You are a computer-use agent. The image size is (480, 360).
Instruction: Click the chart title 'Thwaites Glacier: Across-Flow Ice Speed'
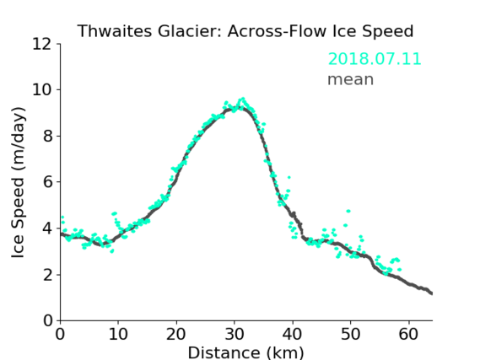245,31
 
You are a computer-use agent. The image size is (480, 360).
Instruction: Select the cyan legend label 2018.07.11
375,59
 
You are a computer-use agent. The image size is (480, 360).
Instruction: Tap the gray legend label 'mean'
351,79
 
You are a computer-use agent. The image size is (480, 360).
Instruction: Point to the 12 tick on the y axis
42,44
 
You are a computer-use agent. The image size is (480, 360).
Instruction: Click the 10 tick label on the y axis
42,90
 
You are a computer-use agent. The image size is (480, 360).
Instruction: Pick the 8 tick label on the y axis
47,136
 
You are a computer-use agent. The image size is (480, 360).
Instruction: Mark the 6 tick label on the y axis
47,182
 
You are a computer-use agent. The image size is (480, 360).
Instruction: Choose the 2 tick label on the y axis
47,275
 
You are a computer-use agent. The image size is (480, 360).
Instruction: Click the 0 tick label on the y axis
47,321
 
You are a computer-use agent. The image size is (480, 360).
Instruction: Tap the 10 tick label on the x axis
118,334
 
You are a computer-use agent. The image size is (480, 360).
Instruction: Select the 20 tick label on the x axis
176,334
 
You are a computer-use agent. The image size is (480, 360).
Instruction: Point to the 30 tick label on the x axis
235,334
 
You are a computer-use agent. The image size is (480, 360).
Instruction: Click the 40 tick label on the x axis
293,334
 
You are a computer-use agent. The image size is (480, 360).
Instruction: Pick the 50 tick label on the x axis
351,334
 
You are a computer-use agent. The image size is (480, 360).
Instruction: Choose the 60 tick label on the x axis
408,334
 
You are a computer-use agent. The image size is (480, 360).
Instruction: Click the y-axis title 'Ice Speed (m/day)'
18,182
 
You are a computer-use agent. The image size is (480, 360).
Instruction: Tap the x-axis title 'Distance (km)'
245,352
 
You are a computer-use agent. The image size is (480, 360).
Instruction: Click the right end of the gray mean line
432,293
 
